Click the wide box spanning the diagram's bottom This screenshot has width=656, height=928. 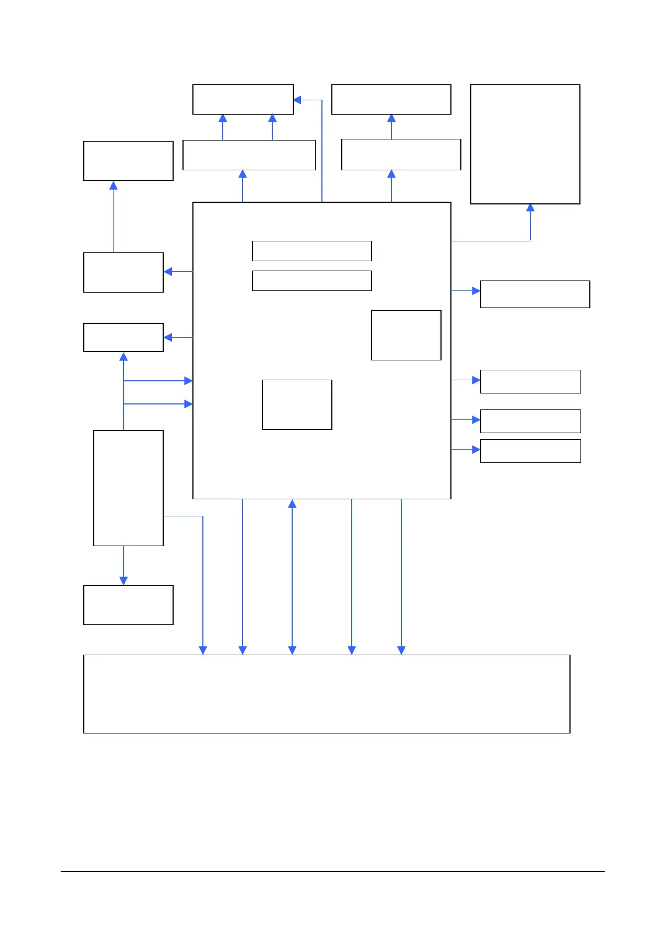326,694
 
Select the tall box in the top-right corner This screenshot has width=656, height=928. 525,144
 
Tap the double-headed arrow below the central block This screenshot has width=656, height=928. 292,576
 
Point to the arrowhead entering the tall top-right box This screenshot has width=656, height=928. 530,208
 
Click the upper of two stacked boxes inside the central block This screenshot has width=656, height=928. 311,251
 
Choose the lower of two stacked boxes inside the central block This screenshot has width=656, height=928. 311,280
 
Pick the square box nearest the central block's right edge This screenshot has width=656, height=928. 406,335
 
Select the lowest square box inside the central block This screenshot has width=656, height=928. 297,404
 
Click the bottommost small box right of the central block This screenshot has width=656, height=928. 530,451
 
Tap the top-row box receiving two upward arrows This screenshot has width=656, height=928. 243,99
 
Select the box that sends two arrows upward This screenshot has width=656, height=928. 249,155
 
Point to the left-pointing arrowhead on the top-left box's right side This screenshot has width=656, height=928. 297,100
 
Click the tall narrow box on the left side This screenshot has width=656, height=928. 128,488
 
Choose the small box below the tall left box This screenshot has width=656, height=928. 128,605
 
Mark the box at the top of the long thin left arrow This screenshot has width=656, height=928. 128,160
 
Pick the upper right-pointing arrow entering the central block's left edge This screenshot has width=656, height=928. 158,381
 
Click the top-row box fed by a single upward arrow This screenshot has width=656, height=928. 391,99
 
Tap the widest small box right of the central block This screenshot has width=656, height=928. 535,294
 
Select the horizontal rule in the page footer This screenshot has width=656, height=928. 332,871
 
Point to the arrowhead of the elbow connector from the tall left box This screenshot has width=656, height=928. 203,650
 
